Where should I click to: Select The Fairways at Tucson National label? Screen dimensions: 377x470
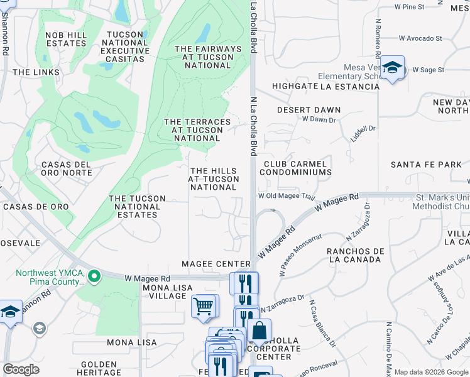(208, 57)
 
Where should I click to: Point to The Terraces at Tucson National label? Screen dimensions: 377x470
(193, 129)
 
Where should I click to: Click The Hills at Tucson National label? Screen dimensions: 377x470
(214, 178)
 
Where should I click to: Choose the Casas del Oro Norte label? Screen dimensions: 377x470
(67, 168)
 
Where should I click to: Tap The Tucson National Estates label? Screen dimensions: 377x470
(137, 206)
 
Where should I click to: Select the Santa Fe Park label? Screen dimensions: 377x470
(426, 165)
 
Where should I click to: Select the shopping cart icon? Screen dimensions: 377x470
(204, 307)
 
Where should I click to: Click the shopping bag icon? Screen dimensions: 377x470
(259, 331)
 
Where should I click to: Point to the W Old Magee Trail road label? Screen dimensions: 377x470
(286, 196)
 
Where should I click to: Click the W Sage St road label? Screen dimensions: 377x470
(429, 70)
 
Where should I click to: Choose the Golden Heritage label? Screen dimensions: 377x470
(99, 368)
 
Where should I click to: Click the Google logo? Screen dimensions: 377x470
(21, 369)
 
